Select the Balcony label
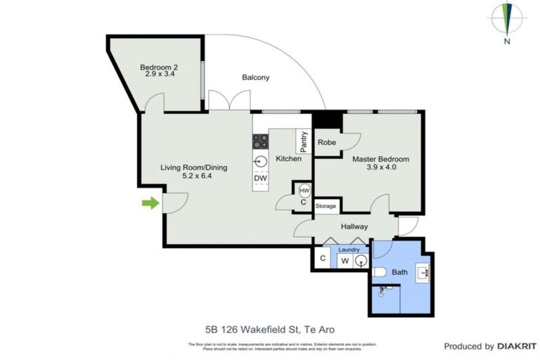255,77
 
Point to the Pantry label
304,143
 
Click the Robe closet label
327,142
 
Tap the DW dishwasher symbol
261,179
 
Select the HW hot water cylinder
304,191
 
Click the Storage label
326,206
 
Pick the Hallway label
354,226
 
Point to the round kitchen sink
261,161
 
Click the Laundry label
349,249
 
